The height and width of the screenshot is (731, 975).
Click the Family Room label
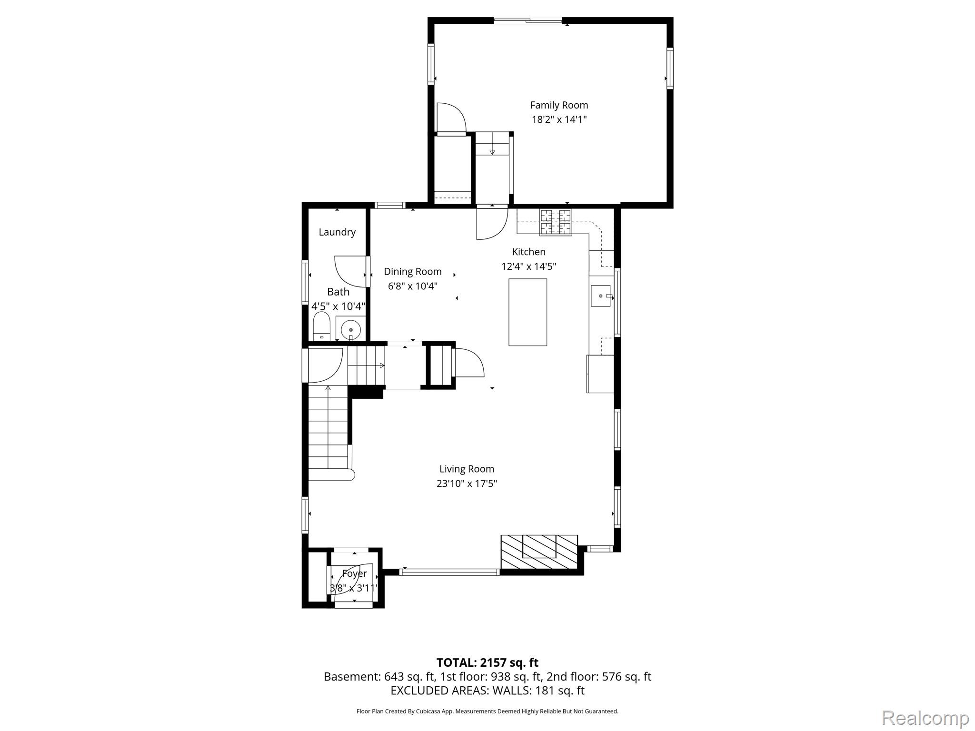559,105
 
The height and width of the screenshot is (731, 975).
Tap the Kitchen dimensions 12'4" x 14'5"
528,267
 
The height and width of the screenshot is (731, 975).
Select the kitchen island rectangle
527,312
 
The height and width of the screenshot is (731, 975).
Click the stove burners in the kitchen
555,222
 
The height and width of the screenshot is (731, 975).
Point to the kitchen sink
601,296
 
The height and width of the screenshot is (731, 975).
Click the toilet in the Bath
322,326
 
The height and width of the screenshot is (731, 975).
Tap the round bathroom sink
351,328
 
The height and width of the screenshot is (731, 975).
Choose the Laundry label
337,232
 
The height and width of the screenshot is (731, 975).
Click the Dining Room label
413,272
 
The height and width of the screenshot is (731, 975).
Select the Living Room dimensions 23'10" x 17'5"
467,484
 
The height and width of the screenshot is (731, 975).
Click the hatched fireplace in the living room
539,552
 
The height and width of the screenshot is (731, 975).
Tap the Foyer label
354,574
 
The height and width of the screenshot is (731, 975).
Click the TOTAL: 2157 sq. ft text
487,662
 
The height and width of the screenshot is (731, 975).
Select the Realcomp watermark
925,717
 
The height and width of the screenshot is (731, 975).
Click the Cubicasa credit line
487,711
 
